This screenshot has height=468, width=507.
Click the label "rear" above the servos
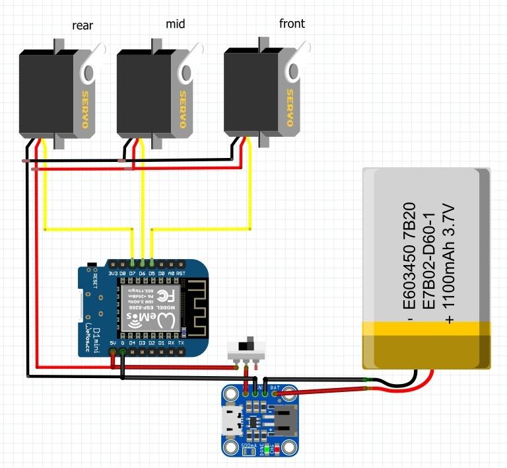click(x=83, y=26)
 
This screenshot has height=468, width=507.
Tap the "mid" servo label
click(x=176, y=24)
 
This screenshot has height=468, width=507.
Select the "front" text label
click(x=292, y=24)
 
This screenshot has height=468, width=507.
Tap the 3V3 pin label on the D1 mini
click(x=113, y=273)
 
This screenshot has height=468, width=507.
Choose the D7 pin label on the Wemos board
click(x=133, y=273)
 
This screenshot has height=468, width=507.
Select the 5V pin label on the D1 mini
click(x=113, y=343)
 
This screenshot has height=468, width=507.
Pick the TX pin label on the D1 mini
click(x=181, y=343)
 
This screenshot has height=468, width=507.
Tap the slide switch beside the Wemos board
click(x=248, y=345)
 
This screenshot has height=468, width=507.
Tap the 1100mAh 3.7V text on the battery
click(x=449, y=264)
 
